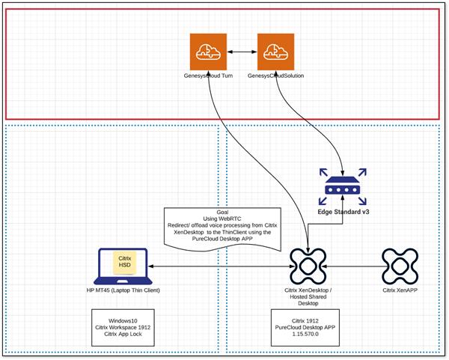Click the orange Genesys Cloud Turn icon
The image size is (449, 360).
tap(207, 52)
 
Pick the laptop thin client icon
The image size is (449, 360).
tap(123, 265)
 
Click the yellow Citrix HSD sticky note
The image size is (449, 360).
tap(123, 261)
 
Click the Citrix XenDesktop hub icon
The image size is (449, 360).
tap(307, 265)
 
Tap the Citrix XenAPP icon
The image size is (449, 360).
tap(399, 265)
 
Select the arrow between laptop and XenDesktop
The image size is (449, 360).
tap(217, 265)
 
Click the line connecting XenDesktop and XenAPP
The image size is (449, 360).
tap(353, 265)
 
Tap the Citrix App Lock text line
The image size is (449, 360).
tap(123, 335)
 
